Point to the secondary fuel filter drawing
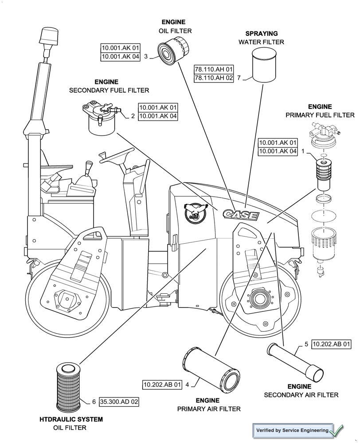[101, 117]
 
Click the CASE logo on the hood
[241, 215]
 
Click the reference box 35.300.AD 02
[119, 402]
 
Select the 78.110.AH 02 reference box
[214, 78]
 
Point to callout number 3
[145, 56]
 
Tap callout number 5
[306, 344]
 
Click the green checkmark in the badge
[337, 429]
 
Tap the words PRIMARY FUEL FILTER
[320, 115]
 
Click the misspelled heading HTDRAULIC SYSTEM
[71, 419]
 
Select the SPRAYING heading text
[262, 33]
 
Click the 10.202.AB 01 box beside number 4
[162, 385]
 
